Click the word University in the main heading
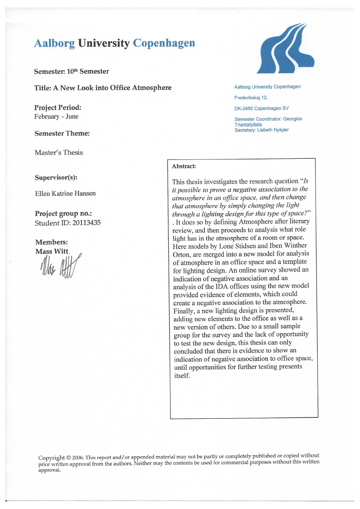(104, 43)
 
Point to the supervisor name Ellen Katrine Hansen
(65, 193)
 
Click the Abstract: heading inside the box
(184, 166)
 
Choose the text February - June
(56, 117)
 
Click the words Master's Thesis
(59, 153)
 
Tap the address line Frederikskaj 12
(251, 98)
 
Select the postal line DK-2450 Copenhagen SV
(261, 108)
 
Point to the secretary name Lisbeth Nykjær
(273, 130)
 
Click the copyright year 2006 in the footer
(77, 458)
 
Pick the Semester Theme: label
(62, 133)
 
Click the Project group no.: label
(64, 214)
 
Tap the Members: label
(52, 242)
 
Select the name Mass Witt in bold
(52, 251)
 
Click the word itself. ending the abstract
(182, 376)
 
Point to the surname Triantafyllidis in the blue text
(248, 124)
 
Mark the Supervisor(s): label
(56, 177)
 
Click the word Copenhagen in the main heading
(164, 43)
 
